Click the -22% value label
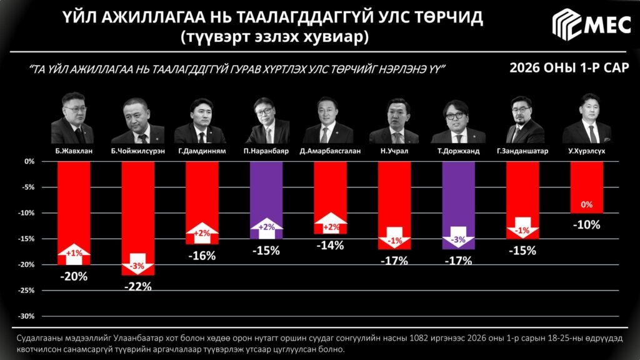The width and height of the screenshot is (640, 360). (x=138, y=287)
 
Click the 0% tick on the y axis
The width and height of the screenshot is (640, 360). (x=29, y=161)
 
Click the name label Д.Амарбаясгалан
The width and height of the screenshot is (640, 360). (x=330, y=151)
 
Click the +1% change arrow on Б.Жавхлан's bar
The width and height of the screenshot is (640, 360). (x=74, y=252)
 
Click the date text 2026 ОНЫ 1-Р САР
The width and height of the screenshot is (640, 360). (x=569, y=67)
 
